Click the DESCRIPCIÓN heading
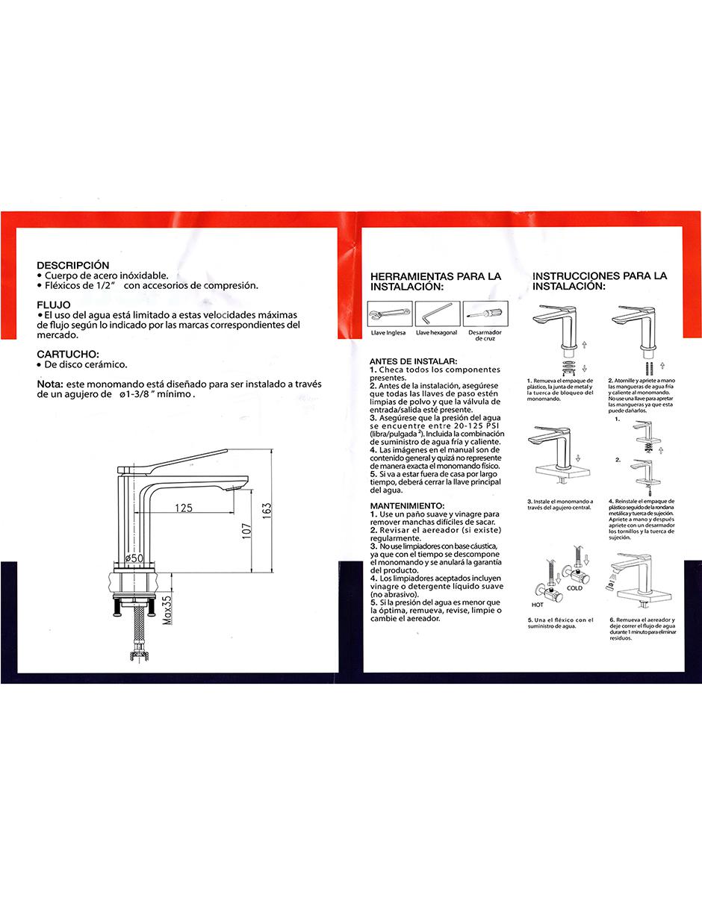[73, 266]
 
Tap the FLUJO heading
[54, 305]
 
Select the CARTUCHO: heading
[68, 355]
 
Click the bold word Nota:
[51, 384]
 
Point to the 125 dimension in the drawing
[184, 508]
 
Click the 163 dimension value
[267, 511]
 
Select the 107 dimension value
[246, 531]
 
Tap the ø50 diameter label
[134, 558]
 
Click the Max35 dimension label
[167, 610]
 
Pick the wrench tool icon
[390, 314]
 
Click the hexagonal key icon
[438, 314]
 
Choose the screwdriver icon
[485, 314]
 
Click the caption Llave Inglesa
[388, 333]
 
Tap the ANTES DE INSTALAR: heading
[413, 361]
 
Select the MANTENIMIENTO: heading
[407, 506]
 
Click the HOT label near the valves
[538, 605]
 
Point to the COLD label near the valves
[574, 588]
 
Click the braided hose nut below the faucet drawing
[137, 655]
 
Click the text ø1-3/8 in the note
[134, 394]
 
